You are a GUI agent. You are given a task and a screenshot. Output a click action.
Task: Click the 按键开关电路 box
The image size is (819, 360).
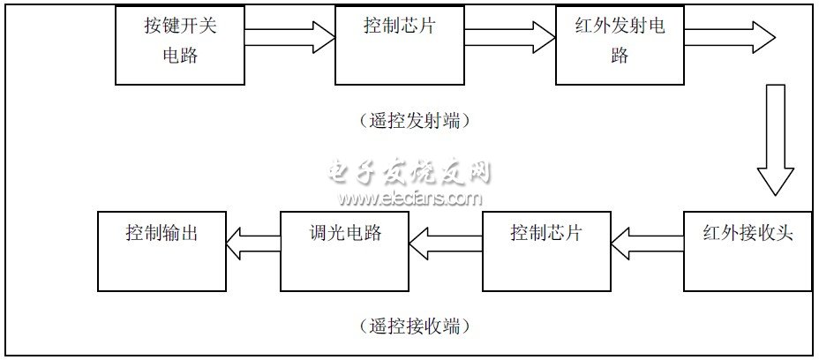tap(180, 45)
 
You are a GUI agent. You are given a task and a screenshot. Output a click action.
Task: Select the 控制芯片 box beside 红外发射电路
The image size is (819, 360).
tap(400, 45)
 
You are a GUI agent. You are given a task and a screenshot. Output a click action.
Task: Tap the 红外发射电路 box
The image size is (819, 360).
tap(620, 45)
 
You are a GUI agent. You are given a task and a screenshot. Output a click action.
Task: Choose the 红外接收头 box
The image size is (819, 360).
tap(748, 251)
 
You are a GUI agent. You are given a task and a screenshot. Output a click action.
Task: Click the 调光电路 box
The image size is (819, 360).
tap(344, 251)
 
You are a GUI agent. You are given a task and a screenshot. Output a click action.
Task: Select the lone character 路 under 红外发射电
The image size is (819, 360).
tap(620, 55)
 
